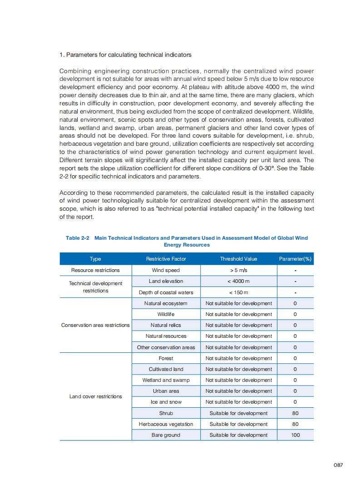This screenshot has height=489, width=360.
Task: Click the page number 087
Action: point(338,465)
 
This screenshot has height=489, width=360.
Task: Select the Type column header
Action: point(95,259)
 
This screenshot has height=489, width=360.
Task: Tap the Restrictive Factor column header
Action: point(166,259)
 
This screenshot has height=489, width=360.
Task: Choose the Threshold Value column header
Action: point(238,259)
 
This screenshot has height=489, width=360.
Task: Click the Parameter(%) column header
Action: point(295,259)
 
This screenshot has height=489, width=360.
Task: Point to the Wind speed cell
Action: point(166,270)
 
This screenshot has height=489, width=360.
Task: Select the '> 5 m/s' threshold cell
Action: point(238,270)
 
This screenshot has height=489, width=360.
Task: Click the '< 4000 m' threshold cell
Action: point(238,282)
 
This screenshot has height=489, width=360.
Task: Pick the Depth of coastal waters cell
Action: point(166,292)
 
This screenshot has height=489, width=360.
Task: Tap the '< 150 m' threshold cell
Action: point(238,292)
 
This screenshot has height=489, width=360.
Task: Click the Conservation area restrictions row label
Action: point(95,325)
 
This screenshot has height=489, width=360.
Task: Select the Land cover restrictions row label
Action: point(95,396)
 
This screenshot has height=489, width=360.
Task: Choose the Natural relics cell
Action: point(166,325)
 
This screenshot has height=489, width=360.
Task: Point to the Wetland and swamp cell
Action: point(166,380)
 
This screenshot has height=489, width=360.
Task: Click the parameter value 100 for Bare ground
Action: point(295,435)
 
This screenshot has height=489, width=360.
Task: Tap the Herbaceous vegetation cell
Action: point(166,424)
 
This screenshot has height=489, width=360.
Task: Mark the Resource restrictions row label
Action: point(95,270)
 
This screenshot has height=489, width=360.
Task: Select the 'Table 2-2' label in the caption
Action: point(78,238)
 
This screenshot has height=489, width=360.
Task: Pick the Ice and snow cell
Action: point(166,402)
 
